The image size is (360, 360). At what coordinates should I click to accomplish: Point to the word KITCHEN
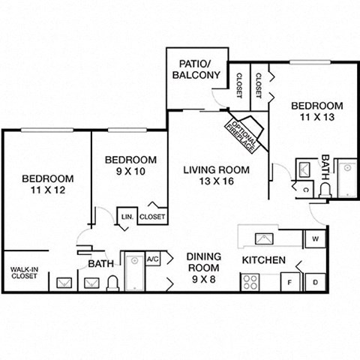pyautogui.click(x=262, y=260)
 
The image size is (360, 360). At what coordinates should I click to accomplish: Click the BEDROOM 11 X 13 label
pyautogui.click(x=317, y=112)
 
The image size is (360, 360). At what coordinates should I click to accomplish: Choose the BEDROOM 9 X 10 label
pyautogui.click(x=130, y=166)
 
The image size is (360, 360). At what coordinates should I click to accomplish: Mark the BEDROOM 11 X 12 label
pyautogui.click(x=47, y=184)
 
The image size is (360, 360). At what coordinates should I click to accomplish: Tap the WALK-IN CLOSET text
pyautogui.click(x=24, y=273)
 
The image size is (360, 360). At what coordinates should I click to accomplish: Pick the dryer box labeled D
pyautogui.click(x=315, y=283)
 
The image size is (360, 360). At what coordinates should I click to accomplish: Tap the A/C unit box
pyautogui.click(x=153, y=259)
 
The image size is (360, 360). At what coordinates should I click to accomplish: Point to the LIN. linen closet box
pyautogui.click(x=126, y=217)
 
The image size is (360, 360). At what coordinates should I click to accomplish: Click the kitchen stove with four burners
pyautogui.click(x=250, y=283)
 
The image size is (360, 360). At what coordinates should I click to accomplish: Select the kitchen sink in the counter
pyautogui.click(x=263, y=239)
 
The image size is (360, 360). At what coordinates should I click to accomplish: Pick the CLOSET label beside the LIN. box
pyautogui.click(x=152, y=217)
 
